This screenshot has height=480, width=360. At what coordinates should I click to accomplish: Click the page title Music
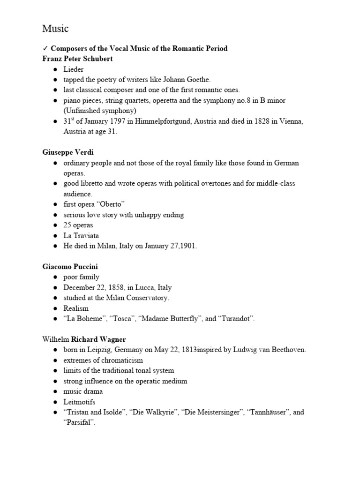pos(55,29)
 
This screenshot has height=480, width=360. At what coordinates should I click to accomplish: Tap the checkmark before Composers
pos(45,49)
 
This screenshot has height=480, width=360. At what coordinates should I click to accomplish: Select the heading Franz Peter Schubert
pos(77,59)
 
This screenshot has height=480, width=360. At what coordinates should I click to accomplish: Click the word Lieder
pos(74,69)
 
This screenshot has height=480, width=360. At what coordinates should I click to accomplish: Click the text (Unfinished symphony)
pos(100,111)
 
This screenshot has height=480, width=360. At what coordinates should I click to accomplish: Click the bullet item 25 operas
pos(78,225)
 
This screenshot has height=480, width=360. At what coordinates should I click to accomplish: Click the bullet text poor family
pos(82,277)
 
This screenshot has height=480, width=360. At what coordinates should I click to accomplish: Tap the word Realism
pos(76,308)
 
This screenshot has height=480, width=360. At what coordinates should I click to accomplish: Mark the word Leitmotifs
pos(79,402)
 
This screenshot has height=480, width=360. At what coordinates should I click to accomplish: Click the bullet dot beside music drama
pos(55,391)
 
